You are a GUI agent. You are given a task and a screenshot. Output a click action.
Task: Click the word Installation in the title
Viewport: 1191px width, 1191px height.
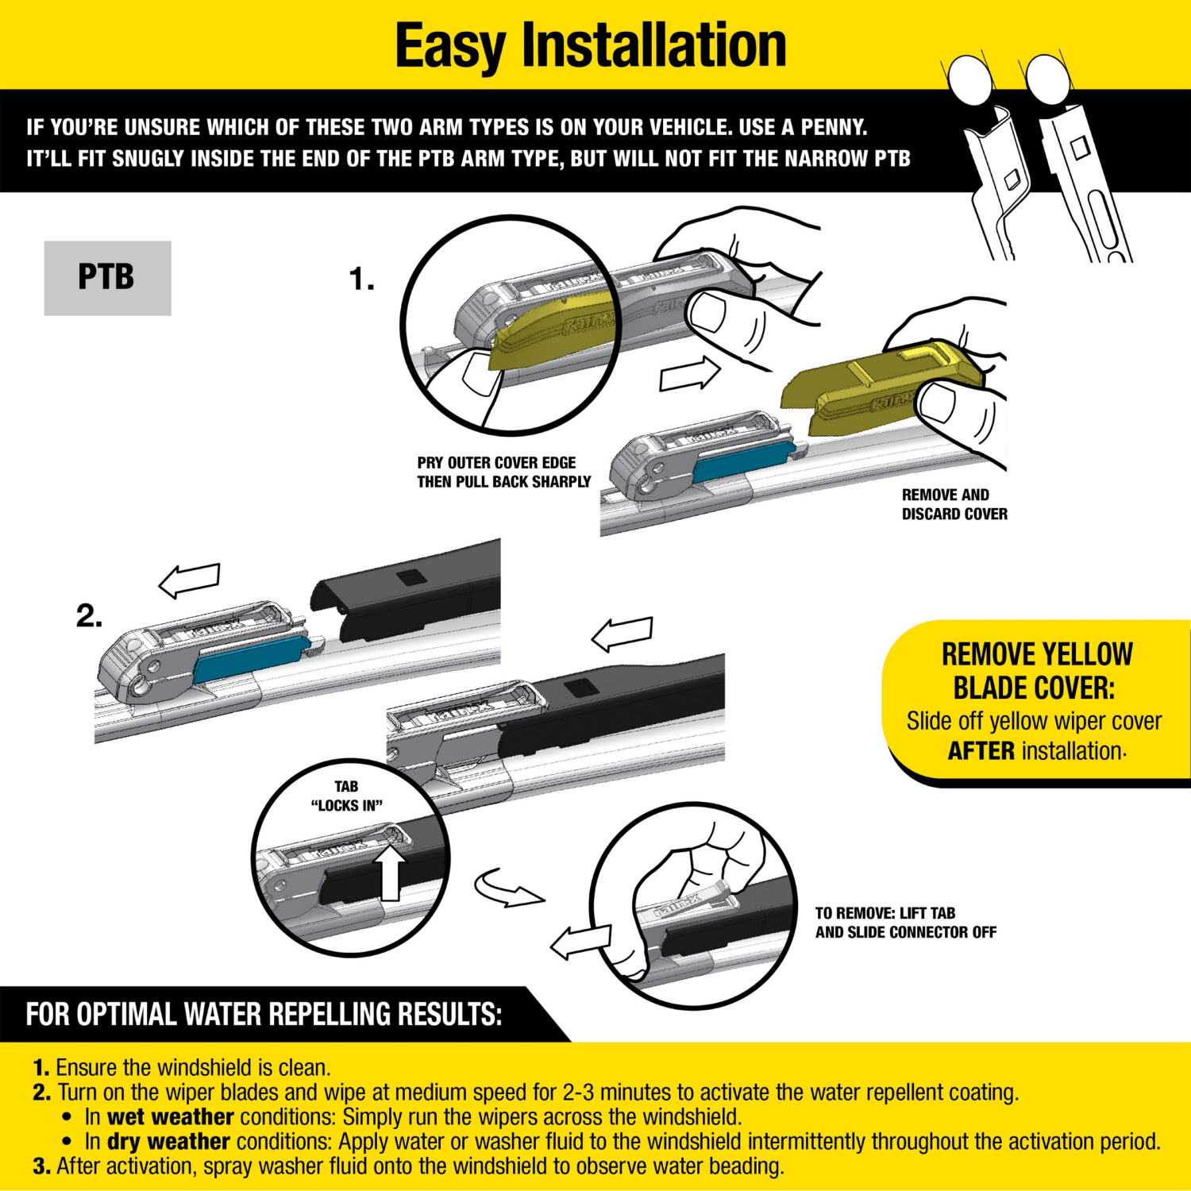coord(653,46)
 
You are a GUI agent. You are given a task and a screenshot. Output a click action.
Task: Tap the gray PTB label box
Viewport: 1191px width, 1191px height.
coord(107,278)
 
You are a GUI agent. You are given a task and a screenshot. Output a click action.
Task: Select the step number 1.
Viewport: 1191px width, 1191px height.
coord(361,279)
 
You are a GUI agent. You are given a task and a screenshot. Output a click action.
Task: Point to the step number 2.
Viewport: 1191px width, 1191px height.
coord(89,616)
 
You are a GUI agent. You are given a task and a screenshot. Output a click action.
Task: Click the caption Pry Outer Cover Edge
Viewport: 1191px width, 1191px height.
coord(496,463)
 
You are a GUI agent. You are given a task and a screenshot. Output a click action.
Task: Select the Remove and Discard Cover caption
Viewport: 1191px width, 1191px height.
coord(954,504)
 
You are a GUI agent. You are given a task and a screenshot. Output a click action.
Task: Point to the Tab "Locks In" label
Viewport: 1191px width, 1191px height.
coord(346,796)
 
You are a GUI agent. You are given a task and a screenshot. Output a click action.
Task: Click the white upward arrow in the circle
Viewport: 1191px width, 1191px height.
coord(390,872)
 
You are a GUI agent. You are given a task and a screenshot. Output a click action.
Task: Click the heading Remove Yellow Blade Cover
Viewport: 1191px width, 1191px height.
coord(1036,671)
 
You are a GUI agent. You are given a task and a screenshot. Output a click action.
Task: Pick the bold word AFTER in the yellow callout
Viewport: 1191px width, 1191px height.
coord(981,751)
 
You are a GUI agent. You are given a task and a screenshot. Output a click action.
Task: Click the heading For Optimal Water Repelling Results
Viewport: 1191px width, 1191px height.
coord(264,1015)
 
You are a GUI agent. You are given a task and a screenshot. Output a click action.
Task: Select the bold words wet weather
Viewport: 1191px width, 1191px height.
coord(170,1117)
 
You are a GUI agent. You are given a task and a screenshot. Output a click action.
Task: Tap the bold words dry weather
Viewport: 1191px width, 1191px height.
coord(168,1142)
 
